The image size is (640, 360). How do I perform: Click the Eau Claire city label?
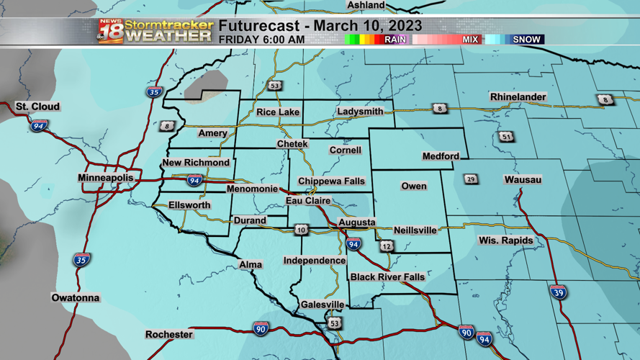click(x=308, y=201)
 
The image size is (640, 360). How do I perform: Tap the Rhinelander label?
click(x=518, y=97)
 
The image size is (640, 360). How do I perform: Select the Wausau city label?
click(x=523, y=179)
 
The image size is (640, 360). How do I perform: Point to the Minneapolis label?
click(x=106, y=178)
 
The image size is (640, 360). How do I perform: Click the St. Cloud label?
click(x=37, y=107)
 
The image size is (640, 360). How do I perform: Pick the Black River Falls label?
click(x=387, y=276)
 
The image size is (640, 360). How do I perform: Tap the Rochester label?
click(x=169, y=335)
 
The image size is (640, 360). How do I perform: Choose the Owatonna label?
click(x=76, y=297)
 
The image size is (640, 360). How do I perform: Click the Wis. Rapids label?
click(x=506, y=240)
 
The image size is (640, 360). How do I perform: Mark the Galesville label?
click(x=323, y=305)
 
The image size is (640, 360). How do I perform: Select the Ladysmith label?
click(x=360, y=112)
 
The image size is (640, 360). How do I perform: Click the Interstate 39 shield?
click(x=558, y=292)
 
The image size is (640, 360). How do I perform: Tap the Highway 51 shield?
click(x=507, y=137)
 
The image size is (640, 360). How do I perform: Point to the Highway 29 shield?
click(x=471, y=179)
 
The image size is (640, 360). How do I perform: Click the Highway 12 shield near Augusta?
click(x=387, y=246)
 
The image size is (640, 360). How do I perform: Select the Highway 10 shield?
click(x=301, y=230)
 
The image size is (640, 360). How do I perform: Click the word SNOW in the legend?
click(x=527, y=40)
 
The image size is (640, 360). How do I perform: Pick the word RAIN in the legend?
click(x=395, y=40)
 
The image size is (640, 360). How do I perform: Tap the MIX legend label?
click(x=470, y=40)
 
